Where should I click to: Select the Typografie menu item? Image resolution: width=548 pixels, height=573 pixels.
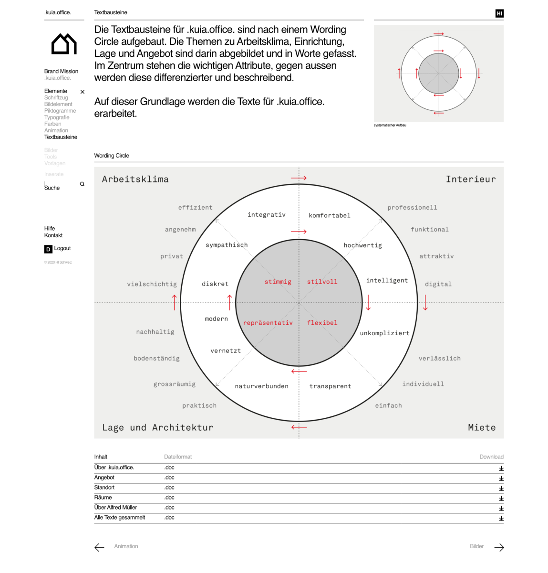pos(57,117)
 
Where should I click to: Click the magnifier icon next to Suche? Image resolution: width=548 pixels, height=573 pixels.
pos(82,184)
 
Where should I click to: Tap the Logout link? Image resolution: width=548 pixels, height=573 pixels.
pos(62,248)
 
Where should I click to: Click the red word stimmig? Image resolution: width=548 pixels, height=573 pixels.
pos(278,282)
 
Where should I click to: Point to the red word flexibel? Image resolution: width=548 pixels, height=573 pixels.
pos(322,323)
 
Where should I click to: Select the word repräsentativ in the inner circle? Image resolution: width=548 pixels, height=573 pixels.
pos(268,323)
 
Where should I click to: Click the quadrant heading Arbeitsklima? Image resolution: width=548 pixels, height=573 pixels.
pos(135,179)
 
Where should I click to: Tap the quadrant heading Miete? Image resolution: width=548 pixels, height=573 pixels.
pos(481,427)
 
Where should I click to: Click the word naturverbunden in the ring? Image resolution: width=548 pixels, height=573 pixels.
pos(261,386)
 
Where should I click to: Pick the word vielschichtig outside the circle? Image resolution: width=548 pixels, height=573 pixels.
pos(152,284)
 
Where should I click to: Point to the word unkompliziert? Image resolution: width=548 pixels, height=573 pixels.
pos(384,333)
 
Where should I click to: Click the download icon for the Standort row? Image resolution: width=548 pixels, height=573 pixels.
pos(501,488)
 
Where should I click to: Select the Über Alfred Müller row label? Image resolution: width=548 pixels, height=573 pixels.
pos(115,508)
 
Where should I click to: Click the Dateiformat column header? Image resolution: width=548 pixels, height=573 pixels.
pos(178,457)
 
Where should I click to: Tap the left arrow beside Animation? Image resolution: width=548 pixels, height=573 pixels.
pos(99,547)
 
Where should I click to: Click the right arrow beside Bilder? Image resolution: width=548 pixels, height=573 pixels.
pos(499,547)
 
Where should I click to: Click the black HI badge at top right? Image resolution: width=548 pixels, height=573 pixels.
pos(499,13)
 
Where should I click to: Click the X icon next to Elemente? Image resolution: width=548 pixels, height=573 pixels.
pos(83,92)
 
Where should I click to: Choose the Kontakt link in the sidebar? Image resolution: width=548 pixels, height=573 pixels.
pos(53,235)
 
